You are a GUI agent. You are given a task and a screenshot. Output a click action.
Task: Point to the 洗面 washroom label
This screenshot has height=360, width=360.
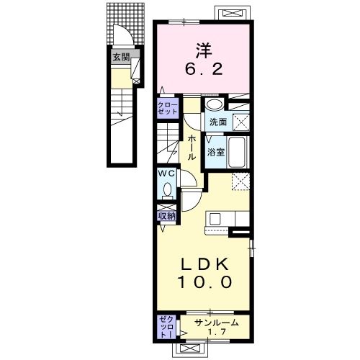tap(218, 122)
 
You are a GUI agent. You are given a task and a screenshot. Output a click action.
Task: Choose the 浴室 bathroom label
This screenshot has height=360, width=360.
tap(217, 152)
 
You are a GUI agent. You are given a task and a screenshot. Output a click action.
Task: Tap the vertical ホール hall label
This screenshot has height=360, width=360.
tap(192, 146)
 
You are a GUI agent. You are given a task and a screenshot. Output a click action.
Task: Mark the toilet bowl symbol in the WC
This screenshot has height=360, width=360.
tap(167, 191)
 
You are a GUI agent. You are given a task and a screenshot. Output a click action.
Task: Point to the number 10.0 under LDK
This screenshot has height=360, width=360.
tap(204, 282)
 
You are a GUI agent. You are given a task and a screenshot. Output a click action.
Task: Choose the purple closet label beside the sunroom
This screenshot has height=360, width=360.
tap(165, 328)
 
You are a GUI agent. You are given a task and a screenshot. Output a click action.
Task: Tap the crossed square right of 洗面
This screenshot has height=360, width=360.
tap(240, 122)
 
